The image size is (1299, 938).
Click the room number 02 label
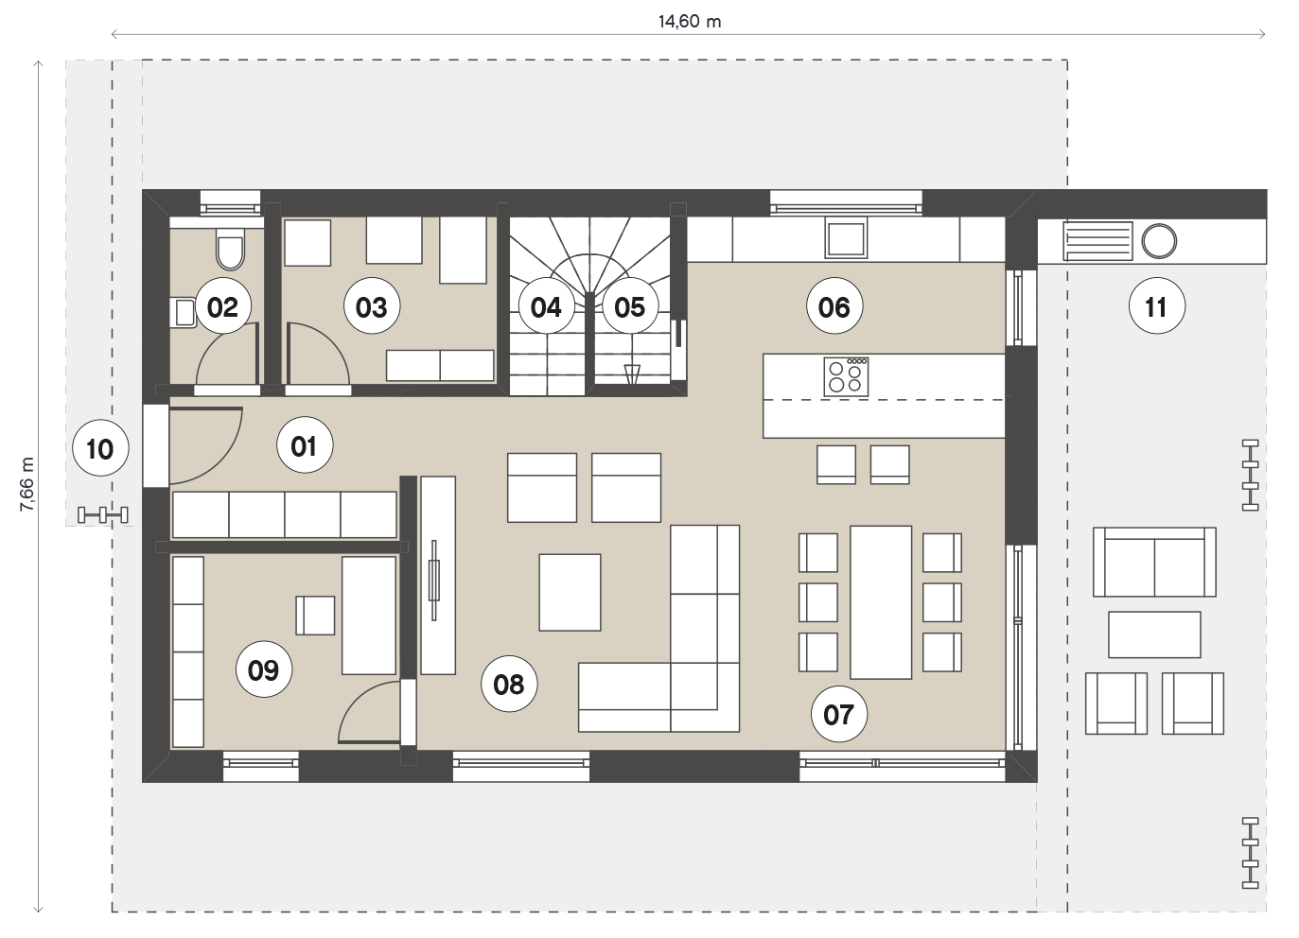pos(223,306)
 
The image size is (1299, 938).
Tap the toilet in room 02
pos(230,250)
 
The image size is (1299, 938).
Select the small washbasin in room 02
pos(184,312)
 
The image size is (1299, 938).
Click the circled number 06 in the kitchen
pos(834,306)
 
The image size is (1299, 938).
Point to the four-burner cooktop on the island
pos(846,377)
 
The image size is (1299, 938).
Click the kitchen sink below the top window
pos(846,239)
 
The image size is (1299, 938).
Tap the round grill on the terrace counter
pos(1159,241)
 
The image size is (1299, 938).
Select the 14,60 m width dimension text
pos(690,22)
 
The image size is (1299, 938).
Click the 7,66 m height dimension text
pos(27,484)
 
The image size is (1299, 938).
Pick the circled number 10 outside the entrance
pos(101,448)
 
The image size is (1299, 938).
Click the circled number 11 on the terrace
pos(1157,306)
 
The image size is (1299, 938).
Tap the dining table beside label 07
pos(881,602)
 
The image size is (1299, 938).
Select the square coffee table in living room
pos(571,593)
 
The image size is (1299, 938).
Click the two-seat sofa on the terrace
pos(1154,562)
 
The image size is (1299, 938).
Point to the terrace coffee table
pos(1154,634)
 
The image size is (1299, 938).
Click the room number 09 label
pos(264,669)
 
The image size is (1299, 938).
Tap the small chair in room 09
pos(315,616)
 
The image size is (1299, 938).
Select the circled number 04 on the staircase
pos(546,306)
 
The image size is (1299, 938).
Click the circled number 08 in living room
pos(509,684)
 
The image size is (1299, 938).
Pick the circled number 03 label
pos(372,306)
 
